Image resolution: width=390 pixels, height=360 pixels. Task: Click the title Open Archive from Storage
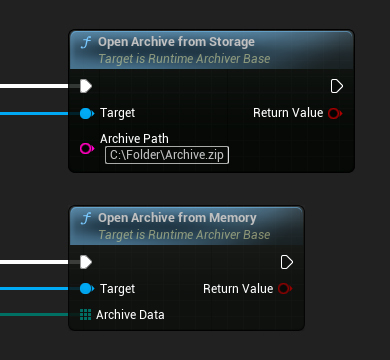[x=176, y=42]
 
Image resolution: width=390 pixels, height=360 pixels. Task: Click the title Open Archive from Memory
[x=177, y=218]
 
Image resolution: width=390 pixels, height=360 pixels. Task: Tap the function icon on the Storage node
[x=86, y=43]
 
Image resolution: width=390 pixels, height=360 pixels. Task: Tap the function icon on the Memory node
[x=86, y=219]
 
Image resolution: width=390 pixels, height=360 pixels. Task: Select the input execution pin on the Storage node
[x=86, y=85]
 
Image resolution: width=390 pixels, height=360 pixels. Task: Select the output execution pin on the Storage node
[x=336, y=85]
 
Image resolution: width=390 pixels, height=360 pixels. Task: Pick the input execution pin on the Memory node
[x=86, y=262]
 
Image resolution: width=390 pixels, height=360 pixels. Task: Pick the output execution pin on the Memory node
[x=287, y=262]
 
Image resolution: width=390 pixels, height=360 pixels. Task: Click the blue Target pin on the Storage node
[x=86, y=113]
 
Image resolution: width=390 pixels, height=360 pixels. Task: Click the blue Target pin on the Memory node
[x=86, y=289]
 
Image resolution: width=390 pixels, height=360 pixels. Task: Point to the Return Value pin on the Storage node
[x=335, y=113]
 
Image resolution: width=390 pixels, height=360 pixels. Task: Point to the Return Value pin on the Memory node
[x=285, y=289]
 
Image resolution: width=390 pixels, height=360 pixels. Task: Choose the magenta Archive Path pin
[x=86, y=148]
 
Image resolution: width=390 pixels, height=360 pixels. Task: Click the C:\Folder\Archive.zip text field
[x=168, y=155]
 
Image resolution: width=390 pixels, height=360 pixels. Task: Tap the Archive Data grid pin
[x=86, y=315]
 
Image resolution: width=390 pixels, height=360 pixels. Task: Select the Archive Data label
[x=130, y=315]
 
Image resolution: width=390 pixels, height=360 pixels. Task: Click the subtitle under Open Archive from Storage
[x=183, y=59]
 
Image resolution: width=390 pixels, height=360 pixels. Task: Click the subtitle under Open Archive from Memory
[x=183, y=235]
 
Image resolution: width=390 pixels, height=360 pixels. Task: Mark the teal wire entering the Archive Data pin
[x=35, y=315]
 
